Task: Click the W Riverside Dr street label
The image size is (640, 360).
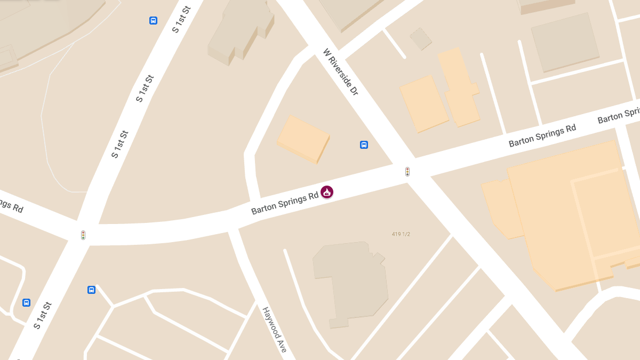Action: point(340,73)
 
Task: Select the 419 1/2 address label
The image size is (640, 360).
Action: point(401,234)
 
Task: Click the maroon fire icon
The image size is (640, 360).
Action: point(327,192)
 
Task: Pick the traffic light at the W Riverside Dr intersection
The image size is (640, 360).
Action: point(407,172)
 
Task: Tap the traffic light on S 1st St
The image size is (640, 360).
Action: point(83,235)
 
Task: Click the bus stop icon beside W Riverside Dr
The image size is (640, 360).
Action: point(364,145)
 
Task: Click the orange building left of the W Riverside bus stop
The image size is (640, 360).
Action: point(303,139)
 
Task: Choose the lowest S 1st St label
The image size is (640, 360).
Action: point(43,315)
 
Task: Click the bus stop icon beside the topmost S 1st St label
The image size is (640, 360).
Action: point(154,21)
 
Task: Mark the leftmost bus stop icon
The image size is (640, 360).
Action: point(26,303)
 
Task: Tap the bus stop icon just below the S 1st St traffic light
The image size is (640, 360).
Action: point(91,290)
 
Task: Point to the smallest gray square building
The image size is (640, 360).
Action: point(421,39)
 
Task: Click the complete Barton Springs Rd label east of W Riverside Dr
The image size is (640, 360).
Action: point(542,135)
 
